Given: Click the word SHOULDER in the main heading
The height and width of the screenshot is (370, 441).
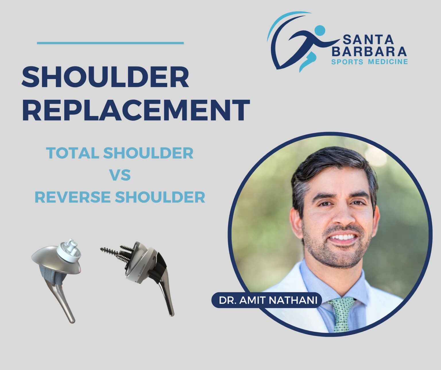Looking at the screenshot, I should coord(105,77).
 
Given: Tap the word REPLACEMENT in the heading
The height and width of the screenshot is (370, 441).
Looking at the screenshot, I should coord(136,110).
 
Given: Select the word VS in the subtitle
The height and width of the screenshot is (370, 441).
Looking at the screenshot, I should coord(120,175).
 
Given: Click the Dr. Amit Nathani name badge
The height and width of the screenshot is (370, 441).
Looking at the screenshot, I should coord(268,300).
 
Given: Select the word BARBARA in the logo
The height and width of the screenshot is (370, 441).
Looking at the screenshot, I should coord(371,51).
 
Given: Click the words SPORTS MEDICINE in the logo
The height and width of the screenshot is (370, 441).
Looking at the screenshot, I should coord(370,61).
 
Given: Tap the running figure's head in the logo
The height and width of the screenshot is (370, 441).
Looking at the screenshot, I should coord(320,30).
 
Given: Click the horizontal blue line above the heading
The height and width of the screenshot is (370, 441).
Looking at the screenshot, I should coord(110,43).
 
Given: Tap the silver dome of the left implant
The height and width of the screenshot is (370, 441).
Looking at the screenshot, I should coord(49,257).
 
